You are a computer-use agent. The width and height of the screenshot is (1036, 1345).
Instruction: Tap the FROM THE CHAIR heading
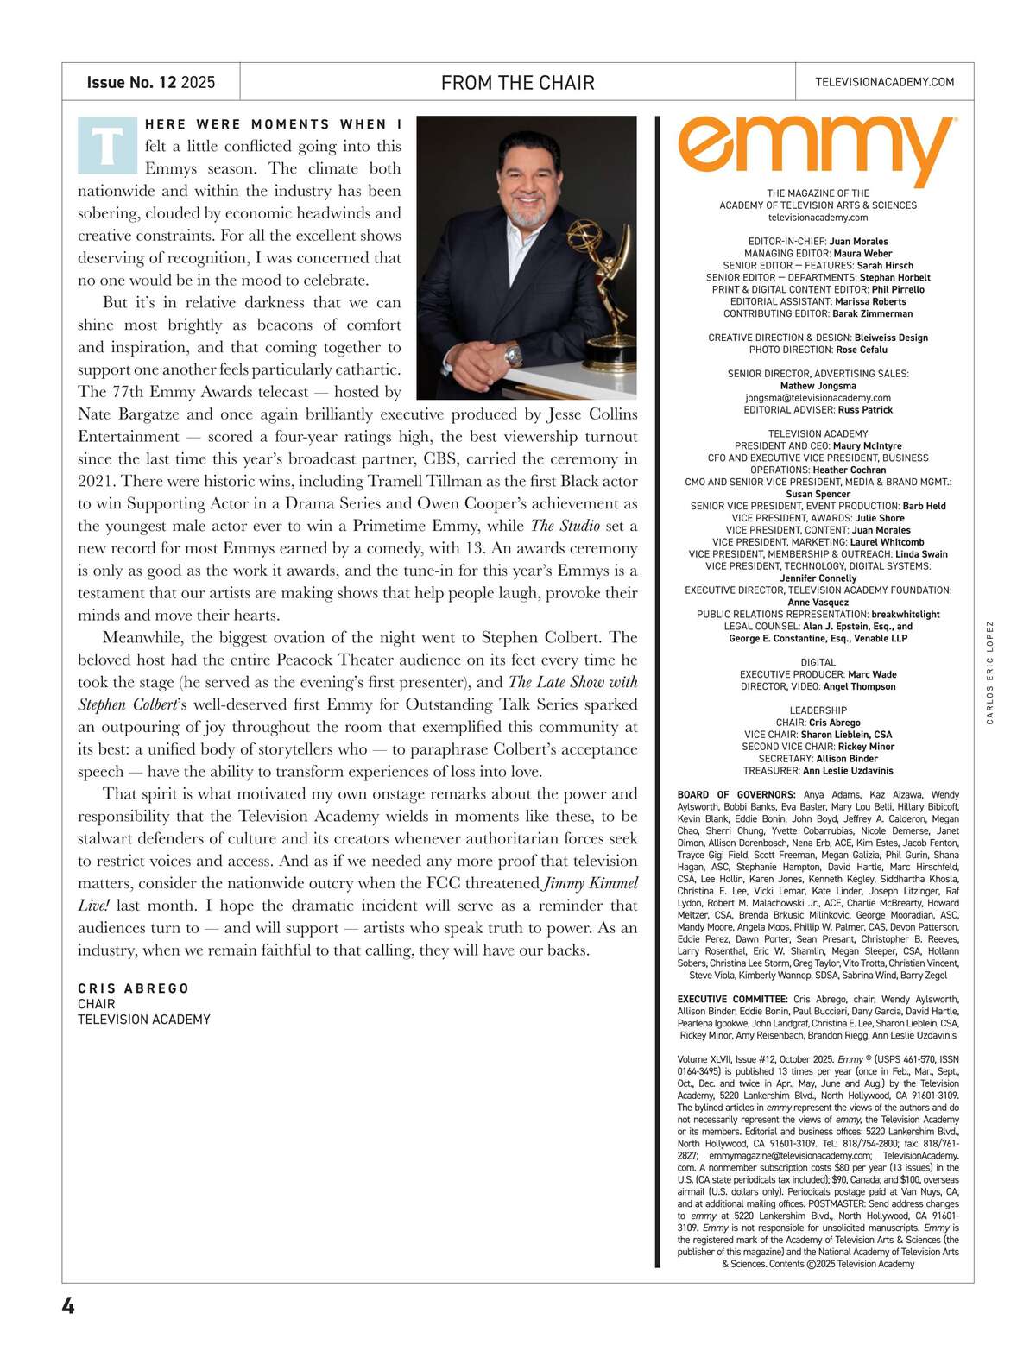pos(517,83)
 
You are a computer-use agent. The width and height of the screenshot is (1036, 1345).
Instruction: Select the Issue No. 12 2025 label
pos(150,83)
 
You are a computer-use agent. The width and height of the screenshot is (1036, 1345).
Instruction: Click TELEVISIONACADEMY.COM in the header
pos(884,82)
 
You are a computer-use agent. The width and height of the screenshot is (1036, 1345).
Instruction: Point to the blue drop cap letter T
pos(107,145)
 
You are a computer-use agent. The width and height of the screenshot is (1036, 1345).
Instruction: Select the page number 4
pos(68,1306)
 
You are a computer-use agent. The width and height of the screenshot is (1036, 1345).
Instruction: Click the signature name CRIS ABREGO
pos(133,988)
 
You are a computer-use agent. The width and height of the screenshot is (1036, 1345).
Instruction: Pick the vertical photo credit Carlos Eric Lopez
pos(990,672)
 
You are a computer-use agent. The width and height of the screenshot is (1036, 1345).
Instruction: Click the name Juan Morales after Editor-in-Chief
pos(858,242)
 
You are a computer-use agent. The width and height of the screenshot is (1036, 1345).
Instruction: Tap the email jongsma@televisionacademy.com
pos(818,398)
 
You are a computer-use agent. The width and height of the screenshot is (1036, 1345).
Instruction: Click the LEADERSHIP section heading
pos(818,710)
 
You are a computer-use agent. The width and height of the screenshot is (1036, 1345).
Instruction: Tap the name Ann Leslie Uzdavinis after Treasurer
pos(848,771)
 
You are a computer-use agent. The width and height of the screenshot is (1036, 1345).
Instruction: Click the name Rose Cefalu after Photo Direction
pos(861,350)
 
